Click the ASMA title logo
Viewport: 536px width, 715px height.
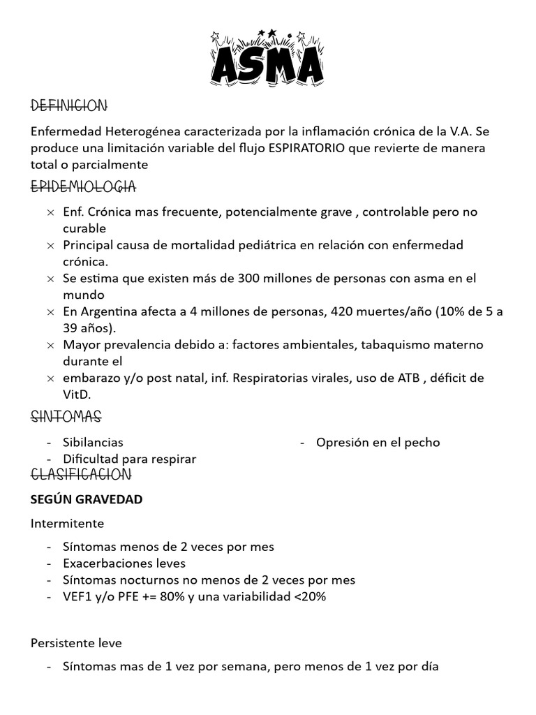[268, 60]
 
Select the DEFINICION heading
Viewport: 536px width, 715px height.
[69, 106]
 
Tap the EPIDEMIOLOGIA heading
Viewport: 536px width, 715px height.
[83, 187]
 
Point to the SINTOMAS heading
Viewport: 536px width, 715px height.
[66, 418]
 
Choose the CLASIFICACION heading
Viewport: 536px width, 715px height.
[81, 475]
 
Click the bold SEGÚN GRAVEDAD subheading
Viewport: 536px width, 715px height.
[87, 499]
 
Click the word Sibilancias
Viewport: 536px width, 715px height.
[93, 442]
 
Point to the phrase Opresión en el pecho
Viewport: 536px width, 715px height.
[378, 442]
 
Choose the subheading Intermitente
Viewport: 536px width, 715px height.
[67, 523]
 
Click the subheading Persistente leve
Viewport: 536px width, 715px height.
[76, 642]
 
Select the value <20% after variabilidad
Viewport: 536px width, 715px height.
[311, 596]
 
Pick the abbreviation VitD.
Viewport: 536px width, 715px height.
[77, 394]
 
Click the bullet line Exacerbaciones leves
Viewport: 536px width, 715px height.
[124, 563]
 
